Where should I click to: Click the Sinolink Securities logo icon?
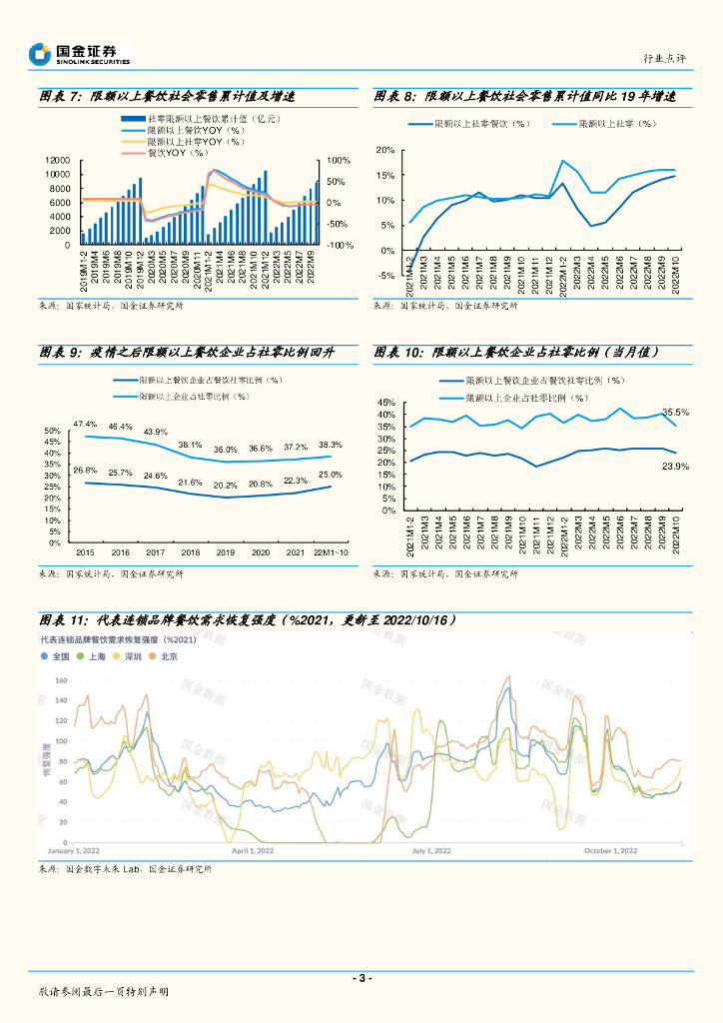40,54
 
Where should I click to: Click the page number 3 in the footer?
361,978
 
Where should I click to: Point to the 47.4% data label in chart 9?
85,425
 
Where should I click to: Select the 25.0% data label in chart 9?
331,475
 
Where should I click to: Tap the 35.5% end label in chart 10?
676,412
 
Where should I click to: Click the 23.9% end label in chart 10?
676,467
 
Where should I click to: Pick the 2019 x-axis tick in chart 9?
226,552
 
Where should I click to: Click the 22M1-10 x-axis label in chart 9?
331,552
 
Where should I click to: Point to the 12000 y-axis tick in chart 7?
59,161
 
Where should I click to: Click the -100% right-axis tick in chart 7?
341,245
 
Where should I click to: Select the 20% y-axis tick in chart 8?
385,150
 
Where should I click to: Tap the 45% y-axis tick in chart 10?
386,403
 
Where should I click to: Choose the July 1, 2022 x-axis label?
432,851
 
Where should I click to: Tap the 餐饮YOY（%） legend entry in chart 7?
176,153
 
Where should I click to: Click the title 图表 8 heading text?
525,97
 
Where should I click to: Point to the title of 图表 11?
248,619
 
